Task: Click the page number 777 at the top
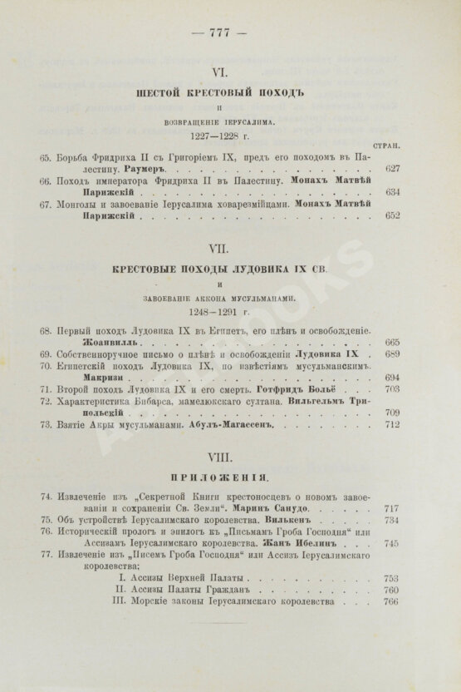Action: point(219,33)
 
